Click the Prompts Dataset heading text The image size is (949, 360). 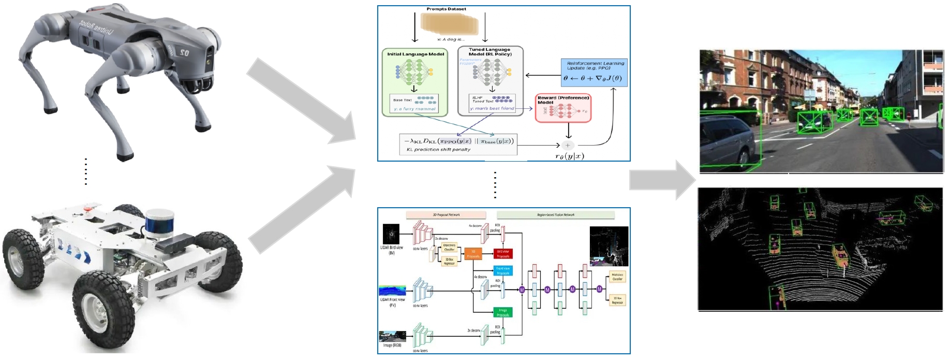tap(446, 9)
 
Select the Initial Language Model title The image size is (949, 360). tap(416, 54)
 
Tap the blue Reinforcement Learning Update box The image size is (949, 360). tap(594, 73)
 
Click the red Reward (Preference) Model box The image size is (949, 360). tap(563, 108)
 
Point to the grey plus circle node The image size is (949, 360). tap(568, 145)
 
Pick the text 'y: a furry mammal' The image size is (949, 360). tap(414, 109)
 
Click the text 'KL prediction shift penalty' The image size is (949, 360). tap(438, 149)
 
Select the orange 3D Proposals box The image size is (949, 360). tap(473, 254)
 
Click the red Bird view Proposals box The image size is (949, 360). tap(503, 254)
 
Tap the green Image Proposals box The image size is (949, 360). tap(503, 312)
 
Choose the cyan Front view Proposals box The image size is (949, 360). tap(503, 270)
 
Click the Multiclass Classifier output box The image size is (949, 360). tap(617, 277)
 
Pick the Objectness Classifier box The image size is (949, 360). tap(449, 247)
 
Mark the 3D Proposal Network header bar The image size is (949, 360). tap(446, 214)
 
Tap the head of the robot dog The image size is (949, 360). tap(204, 55)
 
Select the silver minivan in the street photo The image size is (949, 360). tap(730, 140)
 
